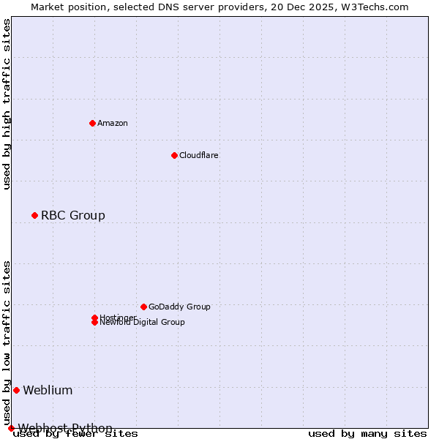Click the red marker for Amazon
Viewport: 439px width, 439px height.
(92, 123)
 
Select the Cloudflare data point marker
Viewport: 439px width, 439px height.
(174, 155)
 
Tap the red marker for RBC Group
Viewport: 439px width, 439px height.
(34, 215)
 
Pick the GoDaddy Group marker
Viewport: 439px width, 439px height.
(143, 307)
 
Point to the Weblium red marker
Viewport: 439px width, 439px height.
(16, 390)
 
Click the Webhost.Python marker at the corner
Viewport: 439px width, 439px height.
(11, 428)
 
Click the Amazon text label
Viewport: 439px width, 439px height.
(113, 123)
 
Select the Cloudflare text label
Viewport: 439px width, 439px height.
(199, 155)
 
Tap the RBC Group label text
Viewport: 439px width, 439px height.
(73, 215)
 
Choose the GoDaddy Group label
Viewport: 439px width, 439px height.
(179, 307)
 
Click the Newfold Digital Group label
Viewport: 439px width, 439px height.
(143, 323)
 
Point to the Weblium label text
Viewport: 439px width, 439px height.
(48, 390)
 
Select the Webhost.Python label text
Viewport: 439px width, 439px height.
(66, 428)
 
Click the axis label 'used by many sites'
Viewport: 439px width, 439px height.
(367, 433)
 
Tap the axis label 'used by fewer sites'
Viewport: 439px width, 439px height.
(76, 433)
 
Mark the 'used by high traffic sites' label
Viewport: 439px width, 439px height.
(7, 104)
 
